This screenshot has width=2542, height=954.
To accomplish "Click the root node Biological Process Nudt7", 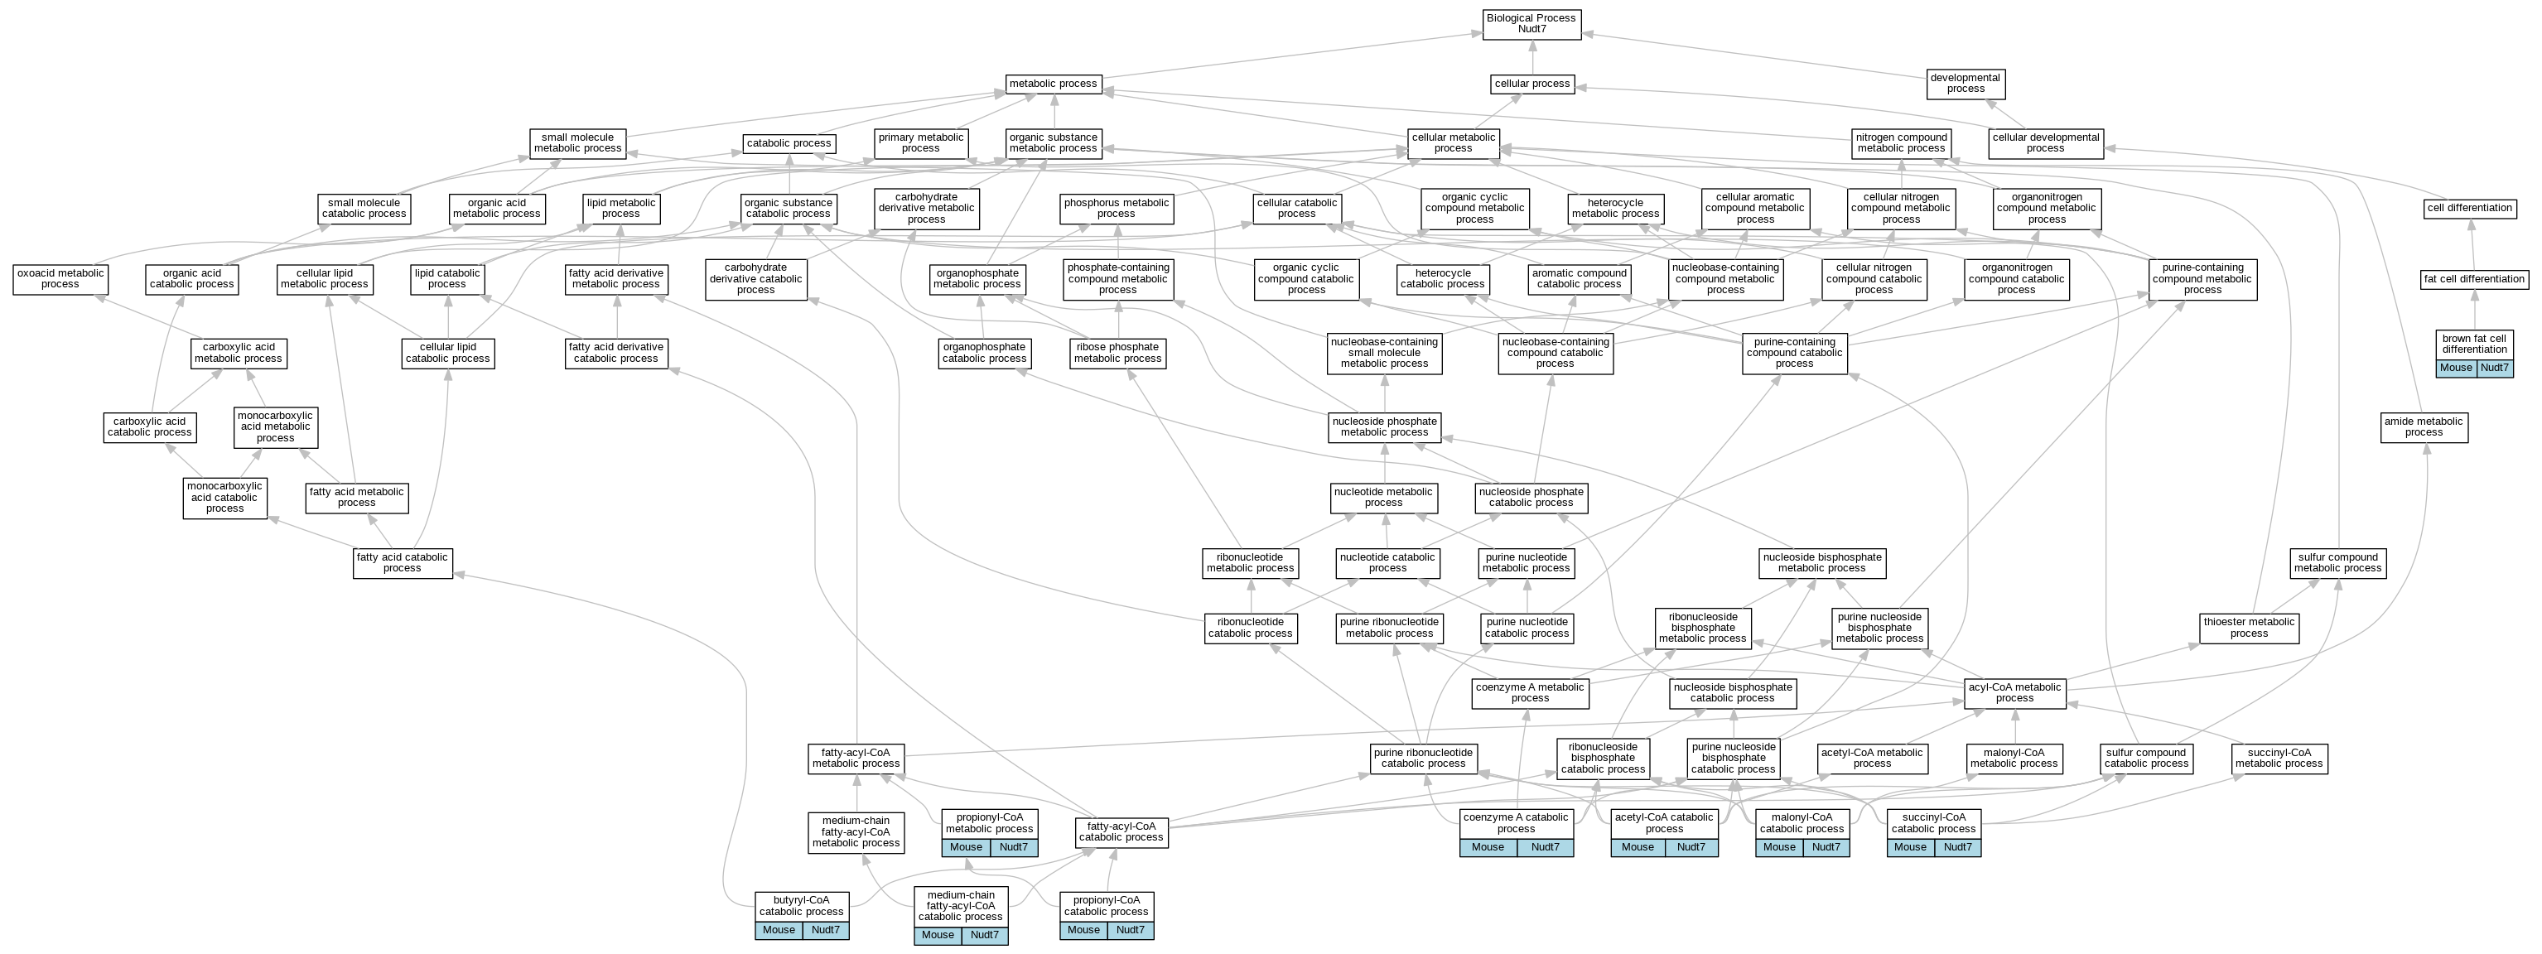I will pos(1531,24).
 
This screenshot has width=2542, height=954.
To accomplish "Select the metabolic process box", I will pos(1053,84).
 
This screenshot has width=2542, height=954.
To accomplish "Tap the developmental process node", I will pos(1966,84).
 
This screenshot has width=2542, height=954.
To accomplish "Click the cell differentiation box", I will pos(2470,208).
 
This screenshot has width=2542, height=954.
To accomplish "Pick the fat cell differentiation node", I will pos(2474,279).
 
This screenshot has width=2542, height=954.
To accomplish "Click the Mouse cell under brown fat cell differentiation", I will pos(2456,368).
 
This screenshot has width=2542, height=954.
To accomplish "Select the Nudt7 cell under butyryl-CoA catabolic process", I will pos(825,930).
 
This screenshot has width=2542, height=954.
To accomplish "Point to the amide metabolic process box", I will pos(2424,427).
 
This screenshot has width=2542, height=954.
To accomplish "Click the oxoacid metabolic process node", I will pos(60,279).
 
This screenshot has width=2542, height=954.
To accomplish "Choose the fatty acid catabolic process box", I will pos(402,563).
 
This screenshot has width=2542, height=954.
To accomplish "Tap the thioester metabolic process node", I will pos(2249,629).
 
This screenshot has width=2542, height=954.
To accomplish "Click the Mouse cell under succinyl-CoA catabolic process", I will pos(1911,847).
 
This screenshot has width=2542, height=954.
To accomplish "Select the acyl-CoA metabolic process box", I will pos(2014,693).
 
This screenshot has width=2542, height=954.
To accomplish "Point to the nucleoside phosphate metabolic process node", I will pos(1385,427).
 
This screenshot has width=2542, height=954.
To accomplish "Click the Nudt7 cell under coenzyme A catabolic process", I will pos(1546,847).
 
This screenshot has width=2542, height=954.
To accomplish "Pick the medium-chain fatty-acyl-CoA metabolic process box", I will pos(856,831).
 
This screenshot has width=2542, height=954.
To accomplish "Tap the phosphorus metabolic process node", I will pos(1116,208).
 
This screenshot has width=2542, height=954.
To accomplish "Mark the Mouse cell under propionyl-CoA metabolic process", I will pos(966,847).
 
